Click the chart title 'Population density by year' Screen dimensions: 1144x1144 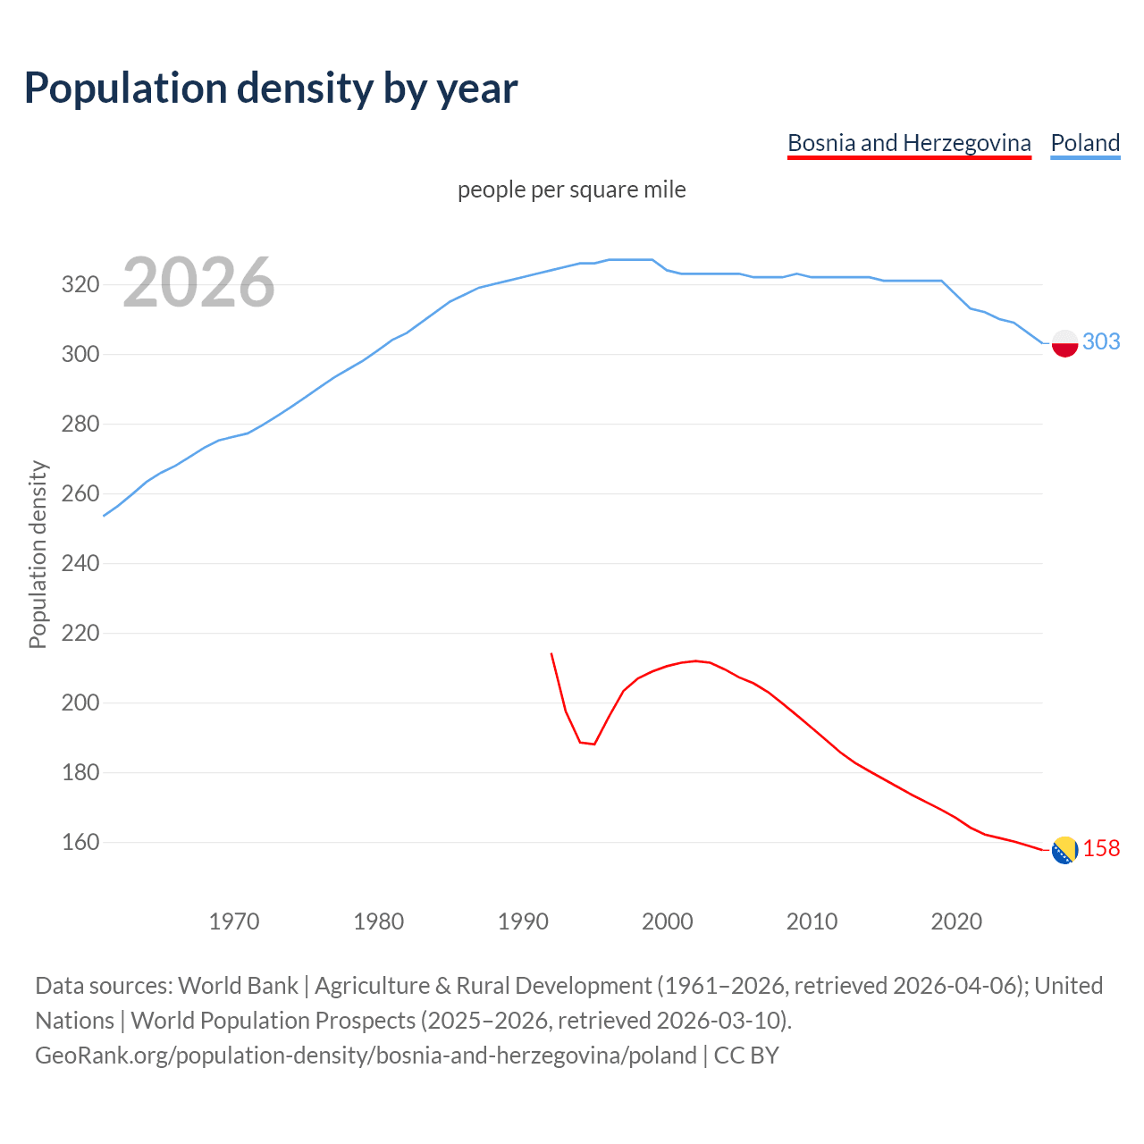coord(271,88)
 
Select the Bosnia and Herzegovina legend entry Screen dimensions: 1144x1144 coord(909,143)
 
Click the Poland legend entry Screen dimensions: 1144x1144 coord(1085,143)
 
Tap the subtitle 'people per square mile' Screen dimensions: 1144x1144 coord(571,189)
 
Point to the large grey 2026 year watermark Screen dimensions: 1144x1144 coord(198,282)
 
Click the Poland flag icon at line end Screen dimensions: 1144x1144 coord(1064,343)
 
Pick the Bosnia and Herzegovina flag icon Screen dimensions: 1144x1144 coord(1064,850)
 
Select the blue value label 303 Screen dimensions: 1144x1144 coord(1101,341)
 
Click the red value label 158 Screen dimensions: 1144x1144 coord(1101,848)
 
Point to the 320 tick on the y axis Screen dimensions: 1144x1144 coord(80,285)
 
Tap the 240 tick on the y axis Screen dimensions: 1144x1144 coord(80,564)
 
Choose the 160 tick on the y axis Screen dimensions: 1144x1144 coord(80,843)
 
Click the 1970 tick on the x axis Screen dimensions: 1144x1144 coord(234,921)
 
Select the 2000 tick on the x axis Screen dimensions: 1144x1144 coord(668,921)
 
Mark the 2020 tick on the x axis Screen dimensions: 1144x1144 coord(956,921)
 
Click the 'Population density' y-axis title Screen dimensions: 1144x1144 coord(38,554)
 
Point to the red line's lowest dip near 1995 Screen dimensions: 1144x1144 coord(593,744)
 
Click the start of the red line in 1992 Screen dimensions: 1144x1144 coord(551,654)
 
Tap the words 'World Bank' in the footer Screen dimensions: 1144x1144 coord(238,986)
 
